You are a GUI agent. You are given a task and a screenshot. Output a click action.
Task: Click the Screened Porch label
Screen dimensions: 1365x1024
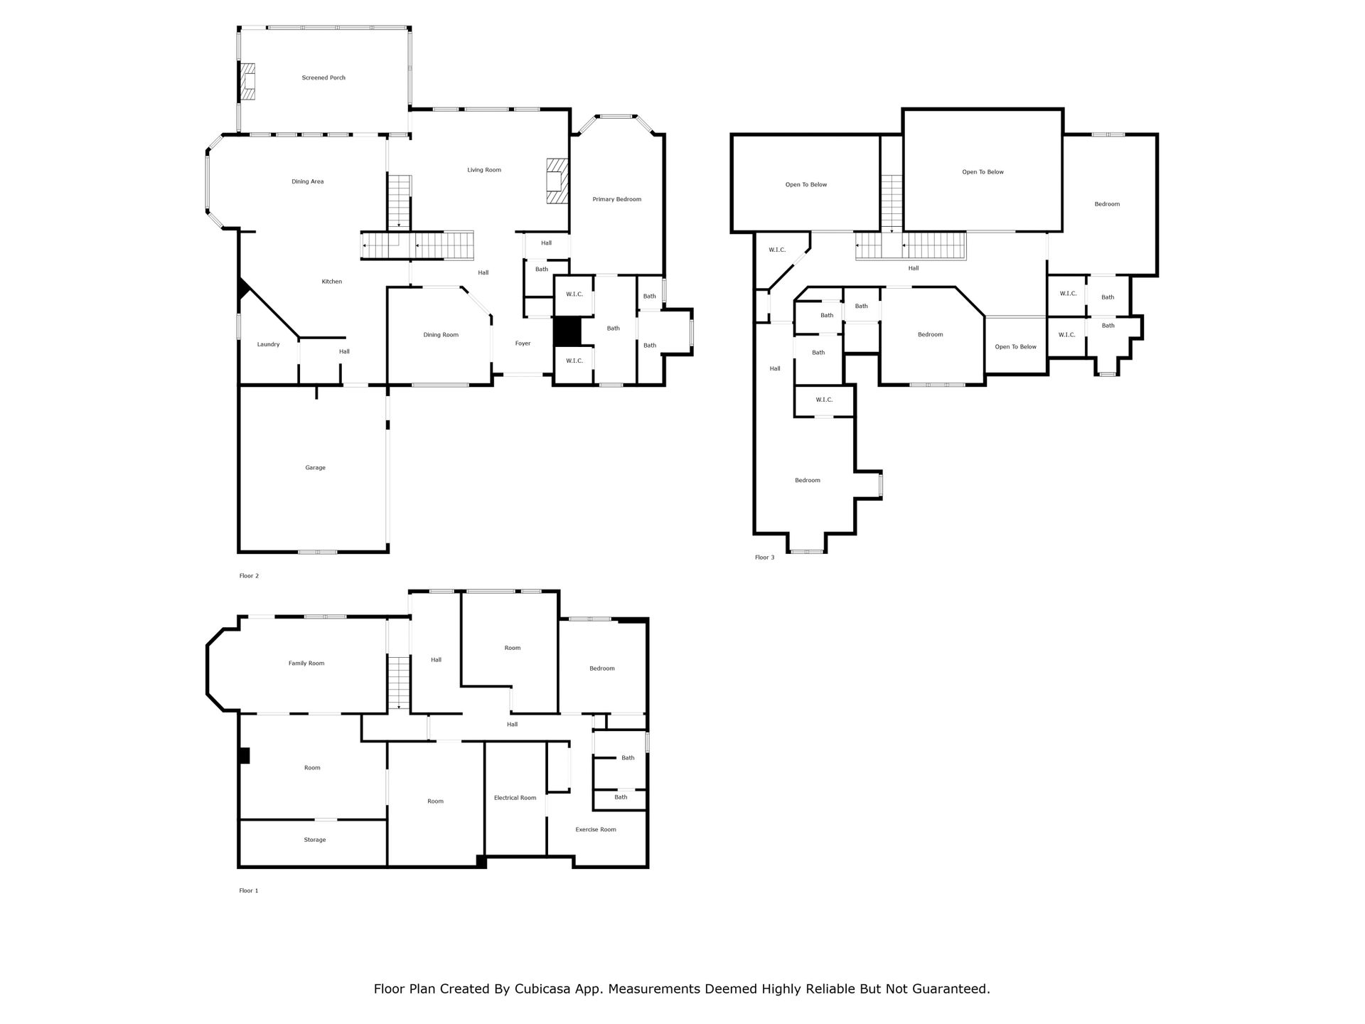323,78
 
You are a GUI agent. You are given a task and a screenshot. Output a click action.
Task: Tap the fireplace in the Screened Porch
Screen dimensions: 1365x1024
248,81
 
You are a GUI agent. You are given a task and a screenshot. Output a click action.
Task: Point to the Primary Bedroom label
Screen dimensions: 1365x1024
617,199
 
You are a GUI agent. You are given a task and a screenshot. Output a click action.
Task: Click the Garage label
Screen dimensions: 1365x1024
316,468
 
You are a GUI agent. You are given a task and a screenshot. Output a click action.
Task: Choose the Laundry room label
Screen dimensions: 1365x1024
268,344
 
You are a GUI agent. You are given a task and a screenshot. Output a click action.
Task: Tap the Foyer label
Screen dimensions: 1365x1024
523,343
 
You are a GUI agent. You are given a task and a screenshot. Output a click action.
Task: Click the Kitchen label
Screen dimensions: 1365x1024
332,282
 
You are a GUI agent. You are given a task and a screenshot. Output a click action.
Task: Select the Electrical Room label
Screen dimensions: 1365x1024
515,798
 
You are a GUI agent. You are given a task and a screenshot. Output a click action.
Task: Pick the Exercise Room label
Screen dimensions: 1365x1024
596,829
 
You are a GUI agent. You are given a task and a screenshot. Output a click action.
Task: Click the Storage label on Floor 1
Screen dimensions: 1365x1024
315,840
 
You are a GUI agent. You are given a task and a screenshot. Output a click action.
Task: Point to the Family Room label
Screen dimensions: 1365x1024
306,663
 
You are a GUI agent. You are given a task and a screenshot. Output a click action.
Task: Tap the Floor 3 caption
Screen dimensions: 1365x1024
765,558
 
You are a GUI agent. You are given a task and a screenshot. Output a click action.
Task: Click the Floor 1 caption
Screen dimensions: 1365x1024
249,890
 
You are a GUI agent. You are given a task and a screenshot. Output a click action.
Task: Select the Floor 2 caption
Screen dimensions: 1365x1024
249,576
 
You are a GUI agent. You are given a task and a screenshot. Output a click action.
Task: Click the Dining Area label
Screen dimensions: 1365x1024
308,181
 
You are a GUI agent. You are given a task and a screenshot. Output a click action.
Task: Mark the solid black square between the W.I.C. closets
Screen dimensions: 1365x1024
567,331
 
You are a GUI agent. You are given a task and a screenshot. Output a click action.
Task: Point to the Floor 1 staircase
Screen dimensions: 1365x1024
399,683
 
